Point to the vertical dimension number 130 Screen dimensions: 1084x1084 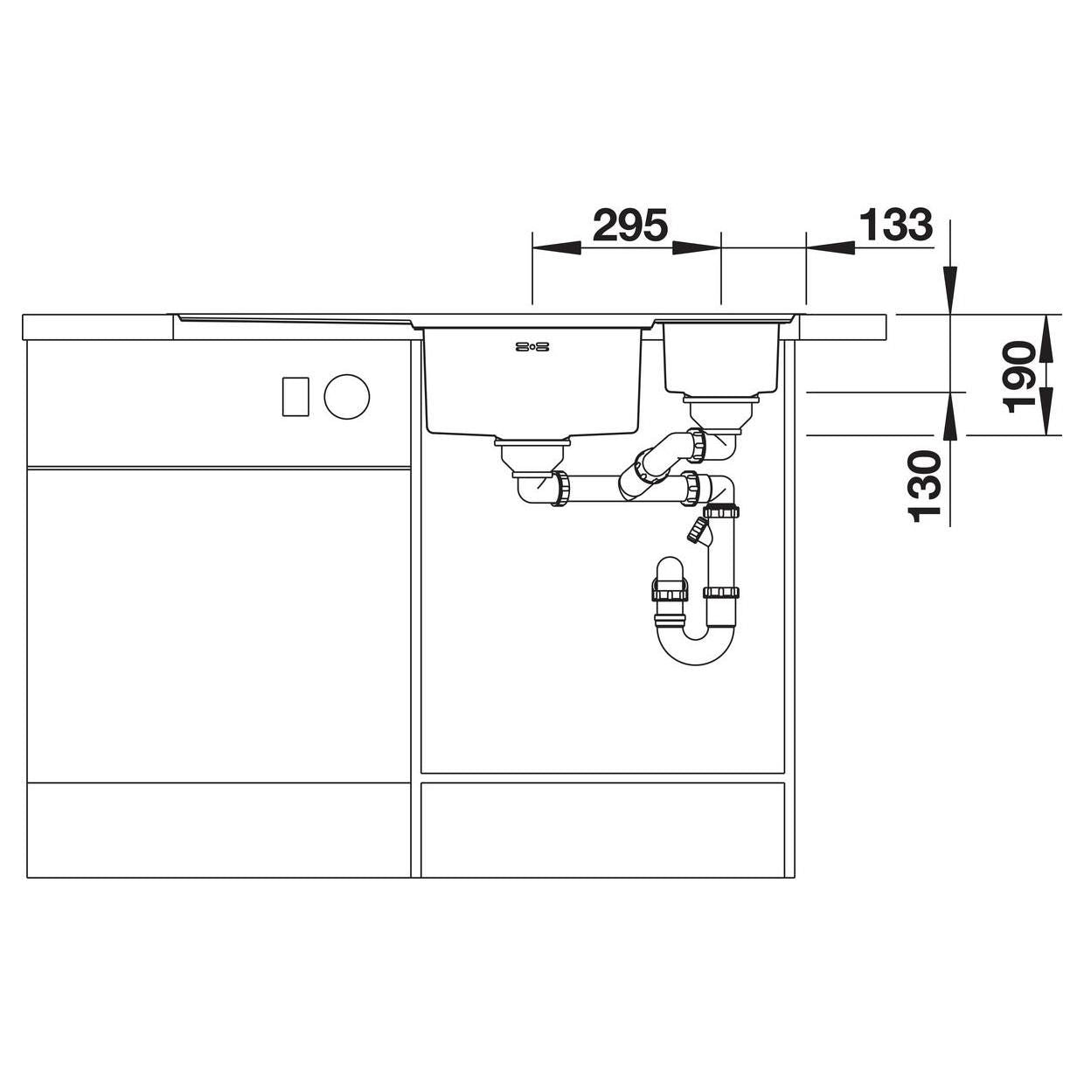[x=924, y=487]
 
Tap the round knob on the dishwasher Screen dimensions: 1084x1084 [x=346, y=397]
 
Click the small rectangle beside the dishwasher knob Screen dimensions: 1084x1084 [x=295, y=397]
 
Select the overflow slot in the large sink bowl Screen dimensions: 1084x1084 [x=532, y=347]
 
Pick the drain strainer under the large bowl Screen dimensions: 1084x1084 [x=532, y=455]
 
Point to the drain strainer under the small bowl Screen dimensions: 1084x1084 [x=721, y=412]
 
